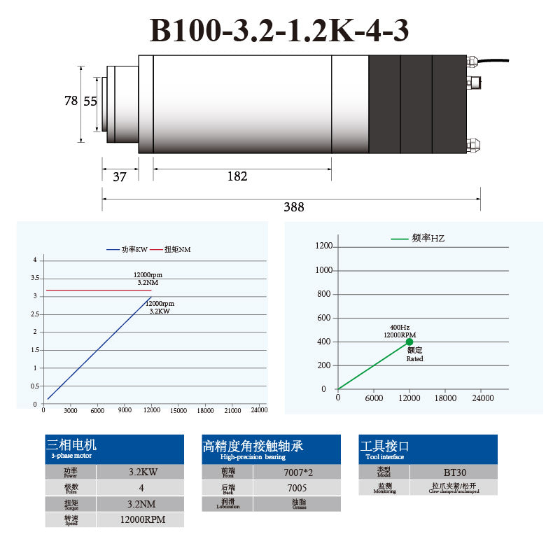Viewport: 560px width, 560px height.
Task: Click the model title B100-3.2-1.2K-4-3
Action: pyautogui.click(x=279, y=31)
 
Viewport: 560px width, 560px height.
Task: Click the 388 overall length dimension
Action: pyautogui.click(x=293, y=207)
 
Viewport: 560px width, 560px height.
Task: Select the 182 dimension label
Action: pyautogui.click(x=237, y=176)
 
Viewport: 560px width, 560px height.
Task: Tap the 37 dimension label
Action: pyautogui.click(x=120, y=176)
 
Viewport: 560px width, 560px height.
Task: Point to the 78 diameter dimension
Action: pyautogui.click(x=71, y=101)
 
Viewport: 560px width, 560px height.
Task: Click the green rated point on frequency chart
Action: pyautogui.click(x=409, y=342)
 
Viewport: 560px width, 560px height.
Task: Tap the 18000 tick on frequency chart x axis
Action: pyautogui.click(x=445, y=398)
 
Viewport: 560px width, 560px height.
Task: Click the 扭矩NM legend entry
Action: pyautogui.click(x=177, y=250)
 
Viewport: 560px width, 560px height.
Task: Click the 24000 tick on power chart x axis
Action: pyautogui.click(x=259, y=410)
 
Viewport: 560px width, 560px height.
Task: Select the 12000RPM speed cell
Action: pyautogui.click(x=141, y=519)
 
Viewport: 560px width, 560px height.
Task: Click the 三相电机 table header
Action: pyautogui.click(x=71, y=444)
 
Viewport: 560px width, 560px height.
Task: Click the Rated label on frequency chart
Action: pyautogui.click(x=415, y=358)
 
